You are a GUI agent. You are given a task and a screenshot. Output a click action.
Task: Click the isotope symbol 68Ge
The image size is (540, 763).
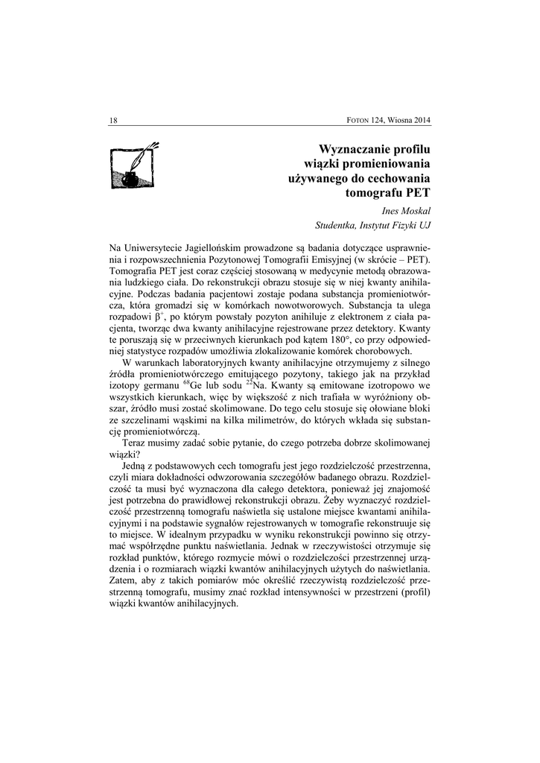[191, 386]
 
